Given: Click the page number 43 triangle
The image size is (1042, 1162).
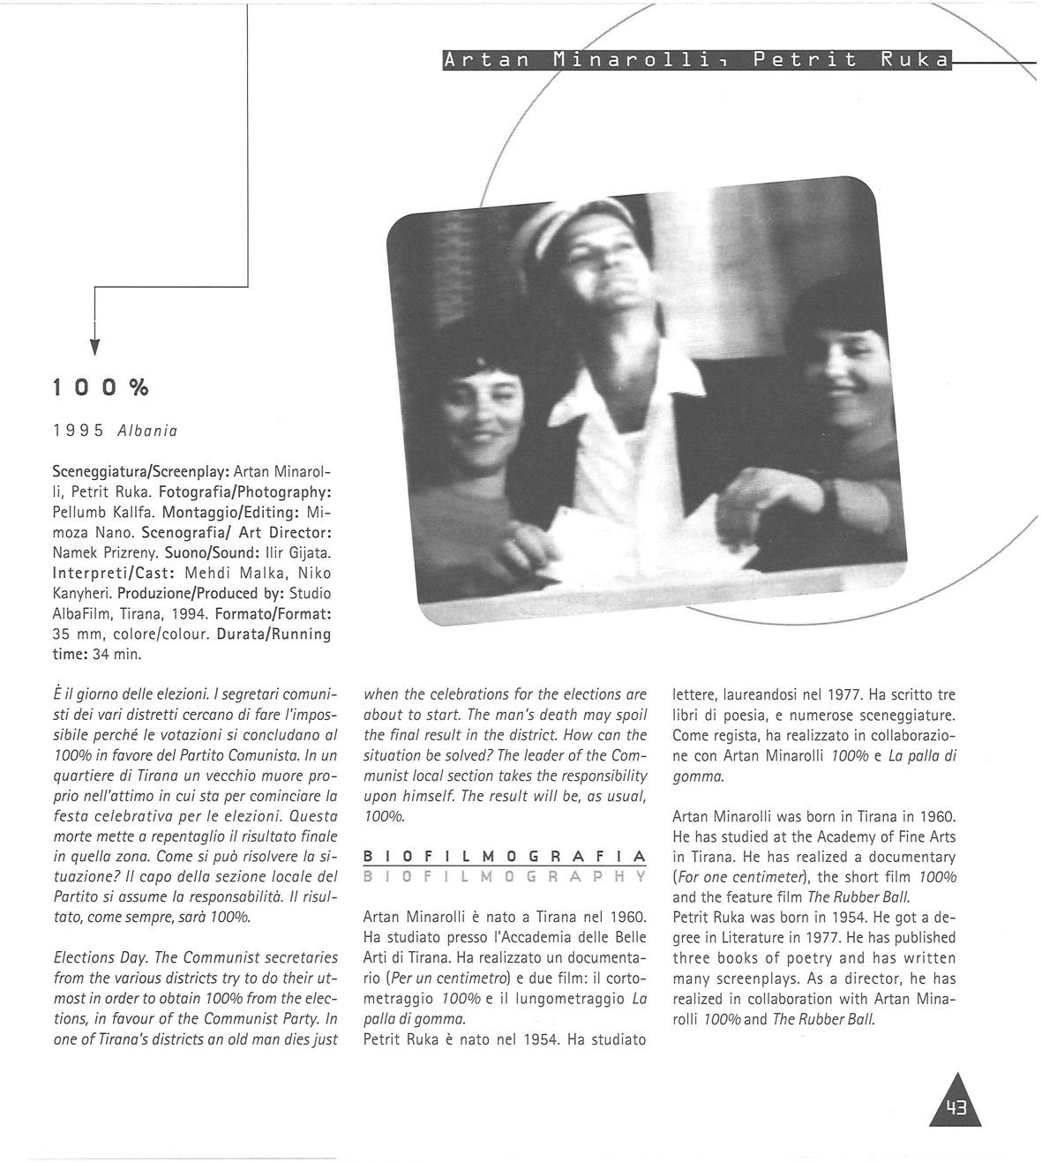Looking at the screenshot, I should pos(956,1104).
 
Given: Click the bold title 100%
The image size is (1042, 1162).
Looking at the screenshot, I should pos(100,388).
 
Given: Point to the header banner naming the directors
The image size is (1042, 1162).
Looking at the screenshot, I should pos(697,60).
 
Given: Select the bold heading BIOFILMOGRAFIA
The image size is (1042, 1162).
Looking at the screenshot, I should pos(505,857).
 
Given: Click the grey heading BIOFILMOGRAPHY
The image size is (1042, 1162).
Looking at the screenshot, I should pos(505,877).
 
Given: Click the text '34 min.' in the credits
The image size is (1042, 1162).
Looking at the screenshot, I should pos(118,655).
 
